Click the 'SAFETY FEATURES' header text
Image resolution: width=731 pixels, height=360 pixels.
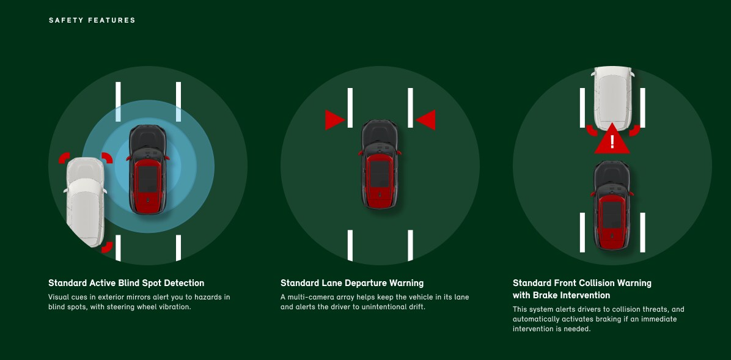click(x=92, y=21)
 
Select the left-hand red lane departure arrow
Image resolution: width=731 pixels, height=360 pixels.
click(x=335, y=120)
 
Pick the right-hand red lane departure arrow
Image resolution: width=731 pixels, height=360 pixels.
click(x=425, y=120)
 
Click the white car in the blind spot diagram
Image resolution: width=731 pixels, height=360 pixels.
click(x=86, y=202)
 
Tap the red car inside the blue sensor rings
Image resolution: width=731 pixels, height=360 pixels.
click(x=148, y=170)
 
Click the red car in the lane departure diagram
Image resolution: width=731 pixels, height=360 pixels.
click(x=380, y=164)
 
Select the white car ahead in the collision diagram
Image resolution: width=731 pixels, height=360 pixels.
click(x=612, y=98)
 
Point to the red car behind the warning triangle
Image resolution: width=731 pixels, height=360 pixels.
click(x=612, y=205)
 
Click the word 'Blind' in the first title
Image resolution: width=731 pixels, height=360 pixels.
click(x=129, y=283)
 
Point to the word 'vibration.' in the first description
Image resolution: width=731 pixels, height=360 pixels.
click(x=175, y=307)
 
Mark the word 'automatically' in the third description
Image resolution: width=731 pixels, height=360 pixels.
click(x=534, y=319)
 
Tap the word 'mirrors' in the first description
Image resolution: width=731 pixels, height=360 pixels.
click(x=139, y=297)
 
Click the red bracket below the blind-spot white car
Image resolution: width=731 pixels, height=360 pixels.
click(x=108, y=247)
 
